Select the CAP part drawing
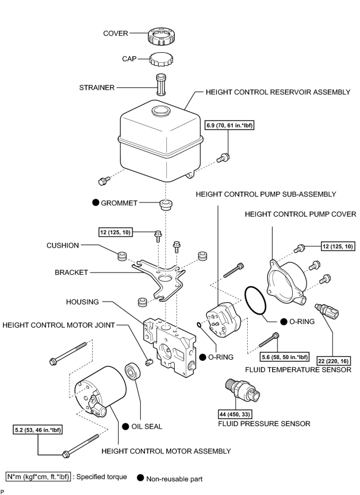pos(161,59)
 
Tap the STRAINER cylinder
pos(162,84)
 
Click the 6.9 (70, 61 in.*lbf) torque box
pos(229,125)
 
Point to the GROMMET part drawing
pos(165,205)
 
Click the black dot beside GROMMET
pos(96,202)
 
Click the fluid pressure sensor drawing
pos(243,389)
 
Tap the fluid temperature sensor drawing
pos(327,311)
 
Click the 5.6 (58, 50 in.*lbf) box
pos(285,357)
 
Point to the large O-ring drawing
pos(255,301)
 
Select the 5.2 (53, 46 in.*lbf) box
pos(38,430)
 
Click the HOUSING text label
pos(82,302)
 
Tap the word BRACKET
pos(71,272)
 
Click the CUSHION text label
pos(62,245)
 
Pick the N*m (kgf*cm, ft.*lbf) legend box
pos(38,477)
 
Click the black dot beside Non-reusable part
pos(141,478)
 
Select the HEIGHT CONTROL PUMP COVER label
pos(300,214)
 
